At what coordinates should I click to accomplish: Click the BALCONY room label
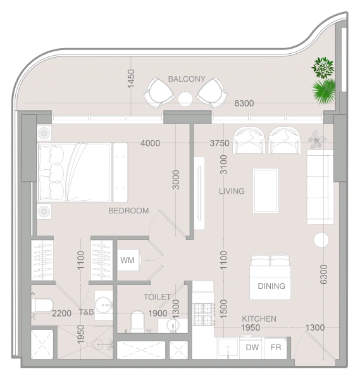tap(187, 79)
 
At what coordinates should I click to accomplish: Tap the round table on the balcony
tap(185, 99)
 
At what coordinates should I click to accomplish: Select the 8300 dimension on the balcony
tap(244, 103)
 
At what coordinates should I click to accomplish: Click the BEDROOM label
tap(128, 211)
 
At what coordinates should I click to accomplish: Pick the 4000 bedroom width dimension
tap(150, 143)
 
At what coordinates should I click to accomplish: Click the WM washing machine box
tap(127, 260)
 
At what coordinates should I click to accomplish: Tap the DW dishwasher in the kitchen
tap(252, 348)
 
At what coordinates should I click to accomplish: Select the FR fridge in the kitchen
tap(276, 348)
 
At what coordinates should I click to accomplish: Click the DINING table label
tap(271, 286)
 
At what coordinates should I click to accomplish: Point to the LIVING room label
tap(232, 191)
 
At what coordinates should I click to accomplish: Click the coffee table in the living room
tap(265, 191)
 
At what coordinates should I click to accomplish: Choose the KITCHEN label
tap(259, 319)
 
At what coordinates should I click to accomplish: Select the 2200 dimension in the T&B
tap(61, 313)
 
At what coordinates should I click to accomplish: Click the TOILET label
tap(157, 296)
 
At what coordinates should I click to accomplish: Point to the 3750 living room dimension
tap(219, 143)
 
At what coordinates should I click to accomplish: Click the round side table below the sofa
tap(321, 239)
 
